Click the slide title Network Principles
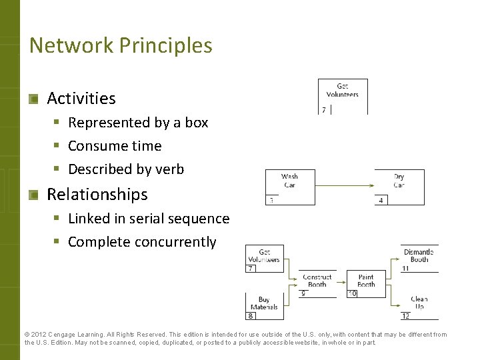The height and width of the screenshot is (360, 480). pos(121,45)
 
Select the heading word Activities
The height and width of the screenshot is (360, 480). pos(81,98)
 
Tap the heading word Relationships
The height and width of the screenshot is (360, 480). pos(97,194)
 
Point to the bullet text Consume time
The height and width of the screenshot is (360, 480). pos(114,145)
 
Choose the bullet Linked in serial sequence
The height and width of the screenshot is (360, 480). pos(148,218)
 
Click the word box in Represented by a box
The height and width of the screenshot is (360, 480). pos(197,123)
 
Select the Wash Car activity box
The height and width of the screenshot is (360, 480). pos(290,187)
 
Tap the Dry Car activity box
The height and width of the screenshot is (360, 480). pos(399,187)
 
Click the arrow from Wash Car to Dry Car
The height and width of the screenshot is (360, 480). pos(345,183)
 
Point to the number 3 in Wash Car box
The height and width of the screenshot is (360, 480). pos(271,200)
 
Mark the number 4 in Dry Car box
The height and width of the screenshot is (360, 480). pos(381,200)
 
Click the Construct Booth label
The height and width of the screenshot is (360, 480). pos(317,281)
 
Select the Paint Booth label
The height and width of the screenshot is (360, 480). pos(366,281)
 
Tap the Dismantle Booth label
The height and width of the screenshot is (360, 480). pos(419,255)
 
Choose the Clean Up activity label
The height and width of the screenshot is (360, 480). pos(419,303)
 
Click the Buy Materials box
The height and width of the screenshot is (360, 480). pos(265,305)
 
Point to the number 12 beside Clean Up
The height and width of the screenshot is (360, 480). pos(405,316)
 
